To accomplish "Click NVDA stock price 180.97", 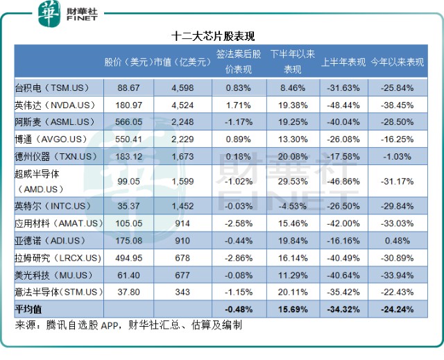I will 129,105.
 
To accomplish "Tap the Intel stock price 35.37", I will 129,206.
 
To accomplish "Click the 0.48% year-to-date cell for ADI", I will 398,240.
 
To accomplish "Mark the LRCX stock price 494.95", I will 129,257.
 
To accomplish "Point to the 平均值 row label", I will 29,308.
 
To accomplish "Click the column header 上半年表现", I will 343,62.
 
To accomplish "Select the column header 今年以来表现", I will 398,62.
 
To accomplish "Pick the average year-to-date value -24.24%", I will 398,308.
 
